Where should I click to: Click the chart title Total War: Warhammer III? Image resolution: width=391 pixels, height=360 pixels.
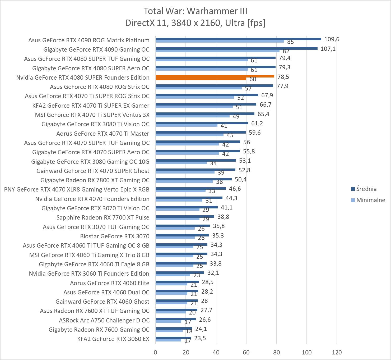tap(195, 11)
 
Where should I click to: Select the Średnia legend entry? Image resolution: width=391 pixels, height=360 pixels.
tap(366, 189)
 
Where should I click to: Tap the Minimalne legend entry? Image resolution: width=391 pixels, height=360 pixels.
tap(371, 200)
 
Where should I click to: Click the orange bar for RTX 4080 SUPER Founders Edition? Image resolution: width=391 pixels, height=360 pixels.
tap(215, 76)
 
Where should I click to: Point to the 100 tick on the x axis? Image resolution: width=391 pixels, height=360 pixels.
tap(307, 352)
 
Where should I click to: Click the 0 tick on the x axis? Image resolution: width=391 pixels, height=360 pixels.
tap(156, 352)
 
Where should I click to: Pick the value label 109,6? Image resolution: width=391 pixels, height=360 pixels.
tap(332, 39)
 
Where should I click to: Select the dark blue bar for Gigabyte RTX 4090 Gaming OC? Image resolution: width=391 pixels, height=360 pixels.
tap(236, 48)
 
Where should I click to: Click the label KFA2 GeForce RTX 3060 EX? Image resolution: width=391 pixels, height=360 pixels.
tap(113, 339)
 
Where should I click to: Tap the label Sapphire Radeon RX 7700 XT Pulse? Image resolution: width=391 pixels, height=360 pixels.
tap(103, 217)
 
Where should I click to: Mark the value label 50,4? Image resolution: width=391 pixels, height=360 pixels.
tap(240, 180)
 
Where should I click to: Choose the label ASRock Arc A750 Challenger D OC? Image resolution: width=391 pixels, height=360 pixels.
tap(104, 320)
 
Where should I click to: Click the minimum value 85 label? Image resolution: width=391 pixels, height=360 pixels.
tap(290, 42)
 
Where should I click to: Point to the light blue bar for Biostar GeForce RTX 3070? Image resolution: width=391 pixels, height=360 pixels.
tap(175, 238)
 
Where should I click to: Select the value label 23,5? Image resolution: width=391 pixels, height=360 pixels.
tap(200, 338)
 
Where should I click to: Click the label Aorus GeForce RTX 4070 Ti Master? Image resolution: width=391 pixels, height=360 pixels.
tap(103, 134)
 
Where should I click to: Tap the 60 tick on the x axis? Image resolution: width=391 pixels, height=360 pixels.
tap(246, 352)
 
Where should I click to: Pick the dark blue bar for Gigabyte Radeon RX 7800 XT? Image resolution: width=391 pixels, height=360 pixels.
tap(194, 179)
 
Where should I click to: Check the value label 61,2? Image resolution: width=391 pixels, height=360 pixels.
tap(257, 124)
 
